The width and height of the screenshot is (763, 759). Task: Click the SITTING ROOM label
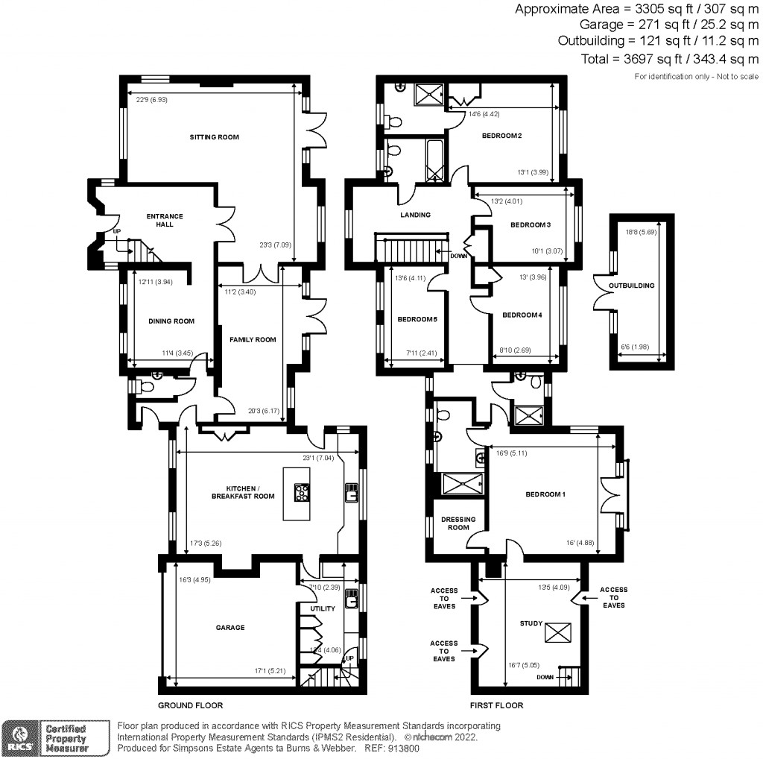pyautogui.click(x=214, y=137)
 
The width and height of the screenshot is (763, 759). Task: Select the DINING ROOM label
pyautogui.click(x=171, y=321)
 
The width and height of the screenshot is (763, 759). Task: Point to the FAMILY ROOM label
pyautogui.click(x=252, y=339)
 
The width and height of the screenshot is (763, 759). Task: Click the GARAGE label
pyautogui.click(x=230, y=628)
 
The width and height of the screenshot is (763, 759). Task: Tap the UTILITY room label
pyautogui.click(x=322, y=608)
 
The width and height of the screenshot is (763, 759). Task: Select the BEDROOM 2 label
pyautogui.click(x=501, y=136)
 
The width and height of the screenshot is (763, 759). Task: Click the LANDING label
pyautogui.click(x=415, y=215)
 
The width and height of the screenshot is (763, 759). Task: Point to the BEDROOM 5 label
pyautogui.click(x=417, y=319)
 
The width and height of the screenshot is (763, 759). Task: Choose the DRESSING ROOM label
pyautogui.click(x=458, y=523)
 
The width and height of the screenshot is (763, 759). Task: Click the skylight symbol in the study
pyautogui.click(x=555, y=633)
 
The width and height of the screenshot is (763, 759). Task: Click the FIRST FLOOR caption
pyautogui.click(x=496, y=705)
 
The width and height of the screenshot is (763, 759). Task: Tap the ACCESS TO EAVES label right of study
pyautogui.click(x=613, y=597)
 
